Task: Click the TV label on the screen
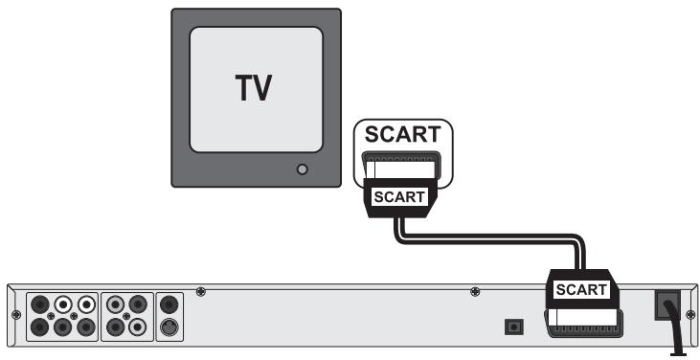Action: (254, 87)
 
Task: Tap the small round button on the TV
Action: (303, 169)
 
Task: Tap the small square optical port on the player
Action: (514, 327)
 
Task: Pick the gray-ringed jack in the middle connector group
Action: (115, 305)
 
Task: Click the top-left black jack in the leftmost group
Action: (41, 305)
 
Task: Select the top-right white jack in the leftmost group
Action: (85, 305)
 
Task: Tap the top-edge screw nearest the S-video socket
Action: (200, 291)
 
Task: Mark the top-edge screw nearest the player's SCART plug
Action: (476, 291)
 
